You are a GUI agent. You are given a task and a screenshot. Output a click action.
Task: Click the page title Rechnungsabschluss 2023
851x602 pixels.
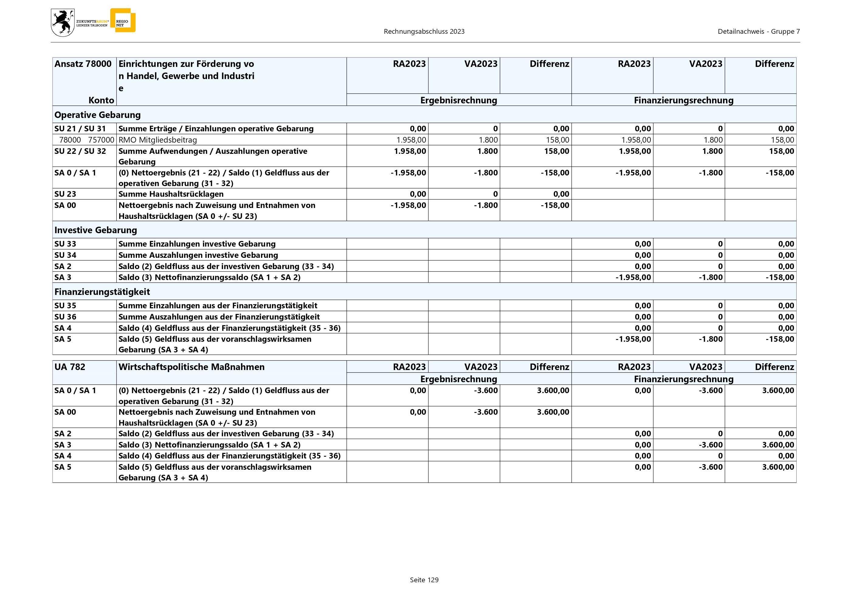424,32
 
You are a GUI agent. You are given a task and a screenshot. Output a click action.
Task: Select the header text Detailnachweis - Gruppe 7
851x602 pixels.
759,32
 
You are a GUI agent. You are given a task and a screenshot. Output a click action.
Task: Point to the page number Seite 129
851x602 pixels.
424,580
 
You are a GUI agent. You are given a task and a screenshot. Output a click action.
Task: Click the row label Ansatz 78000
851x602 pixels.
83,64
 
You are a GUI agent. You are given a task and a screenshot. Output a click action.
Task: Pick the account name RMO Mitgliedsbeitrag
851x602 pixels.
157,140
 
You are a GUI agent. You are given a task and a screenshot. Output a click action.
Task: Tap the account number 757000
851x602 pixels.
101,140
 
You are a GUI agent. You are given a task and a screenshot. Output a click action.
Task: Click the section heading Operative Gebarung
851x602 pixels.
98,115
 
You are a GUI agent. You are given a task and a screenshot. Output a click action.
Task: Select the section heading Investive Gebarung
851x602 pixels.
96,230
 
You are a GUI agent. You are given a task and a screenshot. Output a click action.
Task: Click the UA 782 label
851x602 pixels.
70,367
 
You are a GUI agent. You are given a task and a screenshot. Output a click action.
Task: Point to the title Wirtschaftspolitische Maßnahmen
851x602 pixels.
191,367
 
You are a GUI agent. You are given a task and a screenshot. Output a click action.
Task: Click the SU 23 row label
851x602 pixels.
65,194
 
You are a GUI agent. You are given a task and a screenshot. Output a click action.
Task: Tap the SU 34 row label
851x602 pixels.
65,255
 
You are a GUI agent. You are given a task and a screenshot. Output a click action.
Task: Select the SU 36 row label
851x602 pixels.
65,317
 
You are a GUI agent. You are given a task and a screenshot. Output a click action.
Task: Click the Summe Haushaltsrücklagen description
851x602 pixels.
171,194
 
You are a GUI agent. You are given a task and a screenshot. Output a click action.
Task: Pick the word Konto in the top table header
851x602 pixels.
101,100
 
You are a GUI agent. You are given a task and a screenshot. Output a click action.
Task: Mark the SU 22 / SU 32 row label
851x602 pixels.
80,151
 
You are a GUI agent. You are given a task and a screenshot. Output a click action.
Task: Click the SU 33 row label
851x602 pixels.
65,244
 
